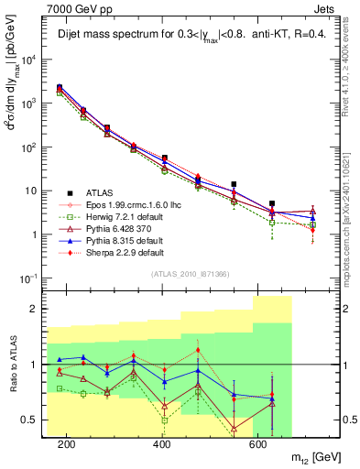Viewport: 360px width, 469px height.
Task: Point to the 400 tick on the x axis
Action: pyautogui.click(x=162, y=443)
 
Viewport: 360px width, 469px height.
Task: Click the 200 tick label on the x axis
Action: pyautogui.click(x=67, y=443)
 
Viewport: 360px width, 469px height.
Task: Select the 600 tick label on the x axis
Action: pyautogui.click(x=257, y=443)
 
